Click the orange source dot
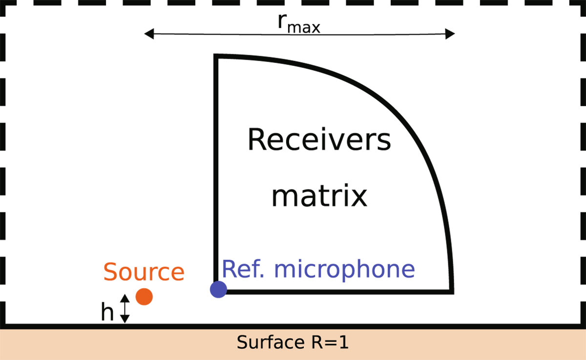[x=144, y=296]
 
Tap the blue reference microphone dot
[x=218, y=289]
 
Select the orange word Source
[x=144, y=272]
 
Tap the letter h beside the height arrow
[x=107, y=313]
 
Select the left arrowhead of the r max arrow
[x=148, y=34]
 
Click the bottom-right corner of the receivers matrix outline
[x=451, y=292]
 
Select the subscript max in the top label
[x=303, y=28]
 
